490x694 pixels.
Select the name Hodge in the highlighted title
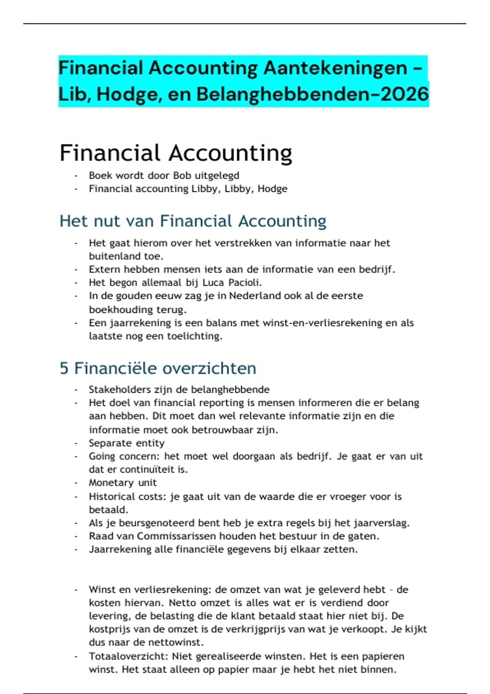click(123, 94)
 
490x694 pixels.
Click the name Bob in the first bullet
click(182, 176)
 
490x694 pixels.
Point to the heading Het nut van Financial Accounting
click(193, 221)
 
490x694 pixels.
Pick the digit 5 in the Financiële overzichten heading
click(64, 368)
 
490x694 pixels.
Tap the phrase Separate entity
click(127, 443)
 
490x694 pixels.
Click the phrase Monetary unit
click(122, 483)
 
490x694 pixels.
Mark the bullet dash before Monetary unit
click(76, 483)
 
